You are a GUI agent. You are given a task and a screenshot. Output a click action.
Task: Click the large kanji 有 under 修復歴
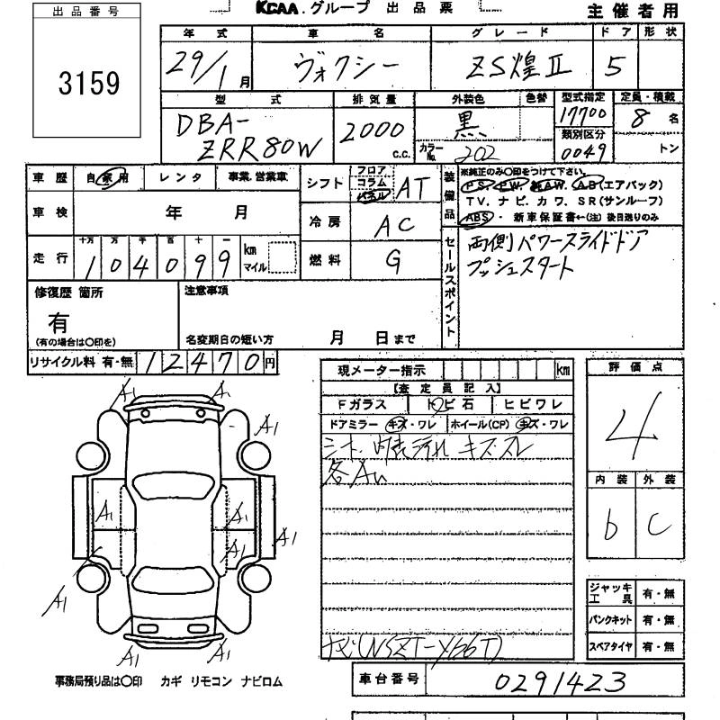tap(59, 321)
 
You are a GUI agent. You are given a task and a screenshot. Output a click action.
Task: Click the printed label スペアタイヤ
tap(612, 646)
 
